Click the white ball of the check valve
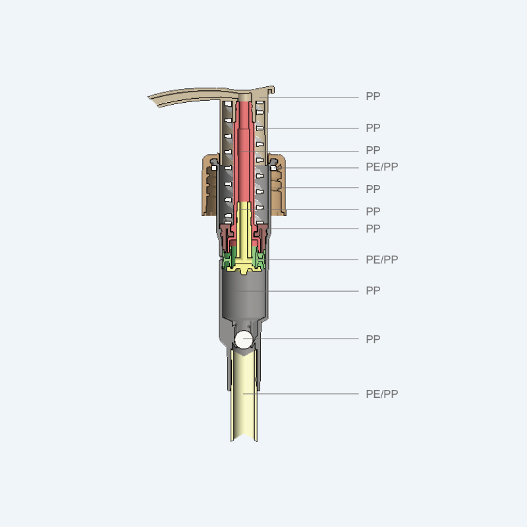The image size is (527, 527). (243, 339)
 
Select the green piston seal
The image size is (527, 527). (244, 259)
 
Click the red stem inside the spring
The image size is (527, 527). (244, 152)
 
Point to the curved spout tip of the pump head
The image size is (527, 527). (153, 99)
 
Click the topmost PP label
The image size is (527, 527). (373, 96)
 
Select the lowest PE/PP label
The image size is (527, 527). (381, 394)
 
